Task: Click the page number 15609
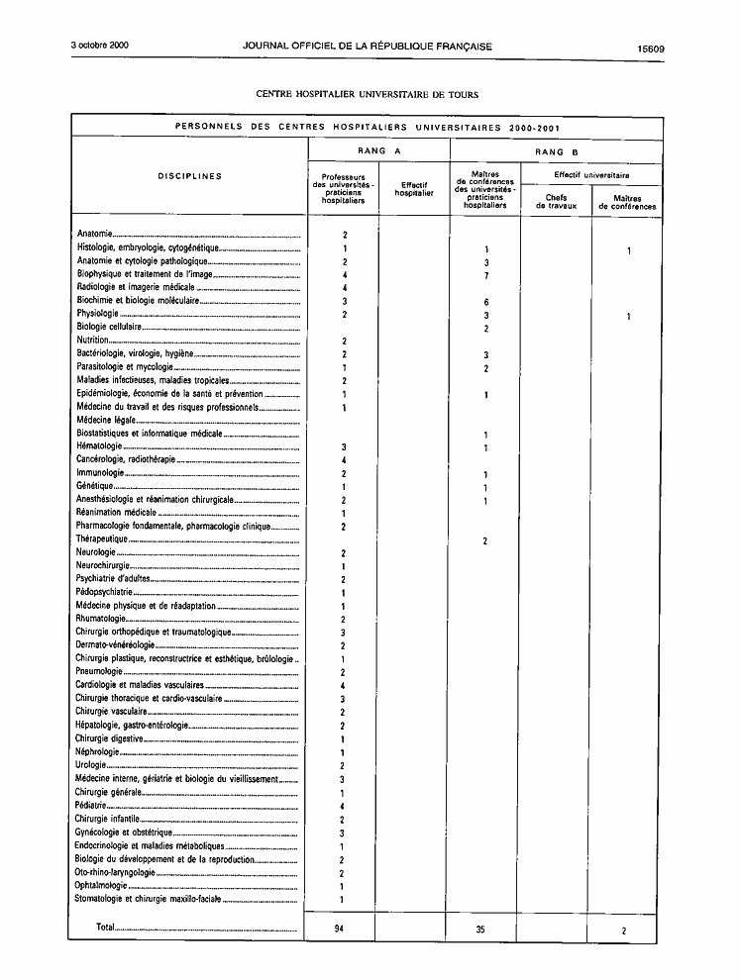[650, 48]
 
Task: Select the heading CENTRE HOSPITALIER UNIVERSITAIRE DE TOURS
[368, 95]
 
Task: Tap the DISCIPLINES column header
[190, 177]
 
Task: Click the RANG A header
[378, 151]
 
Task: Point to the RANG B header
[556, 151]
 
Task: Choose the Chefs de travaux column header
[555, 202]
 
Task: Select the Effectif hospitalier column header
[414, 189]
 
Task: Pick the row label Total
[105, 928]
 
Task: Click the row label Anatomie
[94, 234]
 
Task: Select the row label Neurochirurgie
[103, 565]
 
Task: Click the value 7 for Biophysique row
[485, 275]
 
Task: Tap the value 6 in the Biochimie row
[485, 301]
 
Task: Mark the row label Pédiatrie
[91, 806]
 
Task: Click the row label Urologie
[90, 765]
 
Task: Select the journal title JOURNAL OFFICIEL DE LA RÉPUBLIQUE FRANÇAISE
[368, 47]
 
